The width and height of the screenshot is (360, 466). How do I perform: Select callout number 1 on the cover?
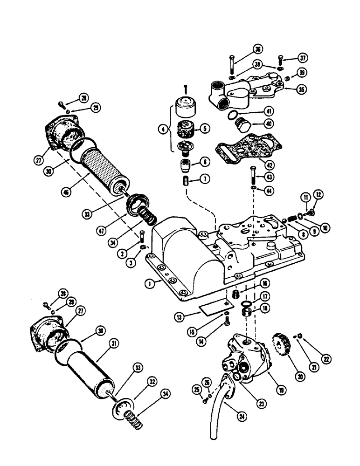[161, 282]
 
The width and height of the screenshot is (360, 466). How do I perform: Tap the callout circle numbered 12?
[318, 194]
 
